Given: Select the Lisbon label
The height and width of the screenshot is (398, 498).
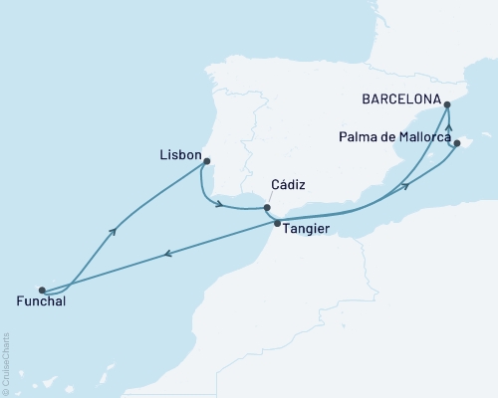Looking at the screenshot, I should click(x=179, y=156).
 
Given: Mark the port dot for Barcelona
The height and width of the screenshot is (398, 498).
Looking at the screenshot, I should click(x=447, y=102).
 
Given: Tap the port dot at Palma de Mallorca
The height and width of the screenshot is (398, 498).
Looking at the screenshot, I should click(x=456, y=143).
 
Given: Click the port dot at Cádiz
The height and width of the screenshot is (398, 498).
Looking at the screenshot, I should click(x=266, y=208).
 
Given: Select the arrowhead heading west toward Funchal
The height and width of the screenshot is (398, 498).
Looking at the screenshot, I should click(x=167, y=254).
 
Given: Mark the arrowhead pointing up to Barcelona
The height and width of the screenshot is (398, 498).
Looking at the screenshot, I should click(x=448, y=126).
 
